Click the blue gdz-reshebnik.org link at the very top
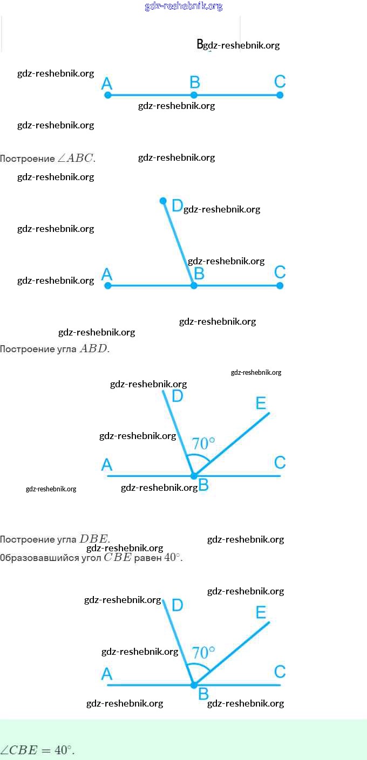[x=183, y=6]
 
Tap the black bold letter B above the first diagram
[x=200, y=44]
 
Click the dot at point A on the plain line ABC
[x=107, y=95]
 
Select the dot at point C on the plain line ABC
[x=280, y=95]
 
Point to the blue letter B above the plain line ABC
[x=195, y=83]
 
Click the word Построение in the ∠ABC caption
[x=28, y=159]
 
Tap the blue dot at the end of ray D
[x=163, y=201]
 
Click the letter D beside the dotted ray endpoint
[x=177, y=206]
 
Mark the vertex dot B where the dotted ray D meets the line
[x=194, y=285]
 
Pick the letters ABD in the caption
[x=94, y=348]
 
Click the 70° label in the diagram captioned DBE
[x=203, y=443]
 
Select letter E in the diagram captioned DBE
[x=261, y=403]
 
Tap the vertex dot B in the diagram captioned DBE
[x=194, y=476]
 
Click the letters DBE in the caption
[x=94, y=539]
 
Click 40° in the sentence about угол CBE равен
[x=172, y=557]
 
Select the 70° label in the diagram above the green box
[x=203, y=653]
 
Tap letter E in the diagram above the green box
[x=261, y=612]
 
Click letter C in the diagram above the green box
[x=280, y=672]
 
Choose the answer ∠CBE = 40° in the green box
[x=38, y=750]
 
